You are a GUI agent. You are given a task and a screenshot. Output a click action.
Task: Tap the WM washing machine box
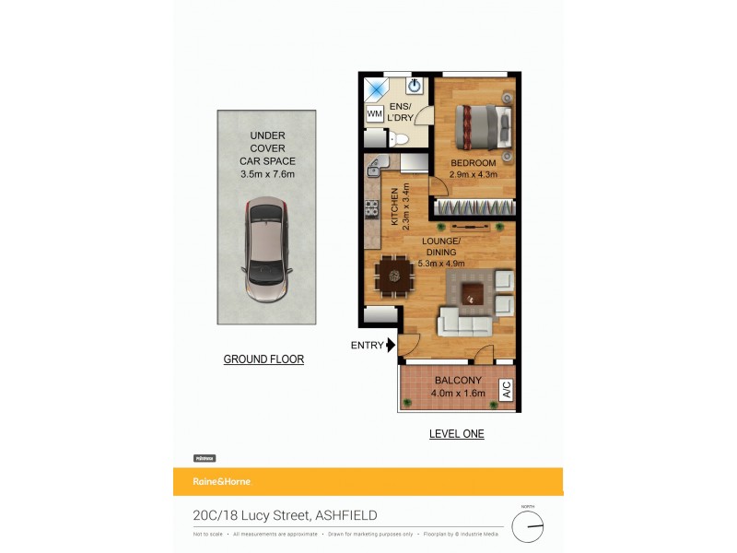[x=375, y=114]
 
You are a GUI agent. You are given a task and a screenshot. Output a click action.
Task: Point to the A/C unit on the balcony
[x=506, y=391]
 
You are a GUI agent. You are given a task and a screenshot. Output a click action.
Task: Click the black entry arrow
[x=391, y=346]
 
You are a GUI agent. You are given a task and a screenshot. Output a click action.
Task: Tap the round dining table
[x=395, y=273]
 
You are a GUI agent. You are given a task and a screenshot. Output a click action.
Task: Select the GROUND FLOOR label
[x=263, y=359]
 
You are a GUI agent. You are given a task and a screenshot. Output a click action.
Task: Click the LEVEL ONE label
[x=456, y=433]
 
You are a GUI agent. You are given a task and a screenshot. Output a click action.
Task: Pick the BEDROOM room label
[x=474, y=163]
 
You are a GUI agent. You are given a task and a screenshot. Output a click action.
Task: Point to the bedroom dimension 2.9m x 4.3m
[x=474, y=174]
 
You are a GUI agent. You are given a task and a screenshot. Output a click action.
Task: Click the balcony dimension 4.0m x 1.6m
[x=458, y=394]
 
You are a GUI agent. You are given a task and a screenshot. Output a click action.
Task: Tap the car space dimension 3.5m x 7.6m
[x=267, y=172]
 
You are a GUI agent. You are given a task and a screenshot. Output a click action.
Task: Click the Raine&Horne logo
[x=221, y=481]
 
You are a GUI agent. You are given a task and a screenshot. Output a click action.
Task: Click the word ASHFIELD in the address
[x=346, y=516]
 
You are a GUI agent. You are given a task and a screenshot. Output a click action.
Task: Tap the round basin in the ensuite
[x=414, y=88]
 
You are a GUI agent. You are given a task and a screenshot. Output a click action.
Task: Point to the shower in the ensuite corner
[x=376, y=88]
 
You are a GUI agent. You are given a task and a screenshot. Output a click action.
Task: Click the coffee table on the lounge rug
[x=474, y=294]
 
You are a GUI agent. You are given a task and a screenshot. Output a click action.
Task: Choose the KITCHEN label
[x=395, y=207]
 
